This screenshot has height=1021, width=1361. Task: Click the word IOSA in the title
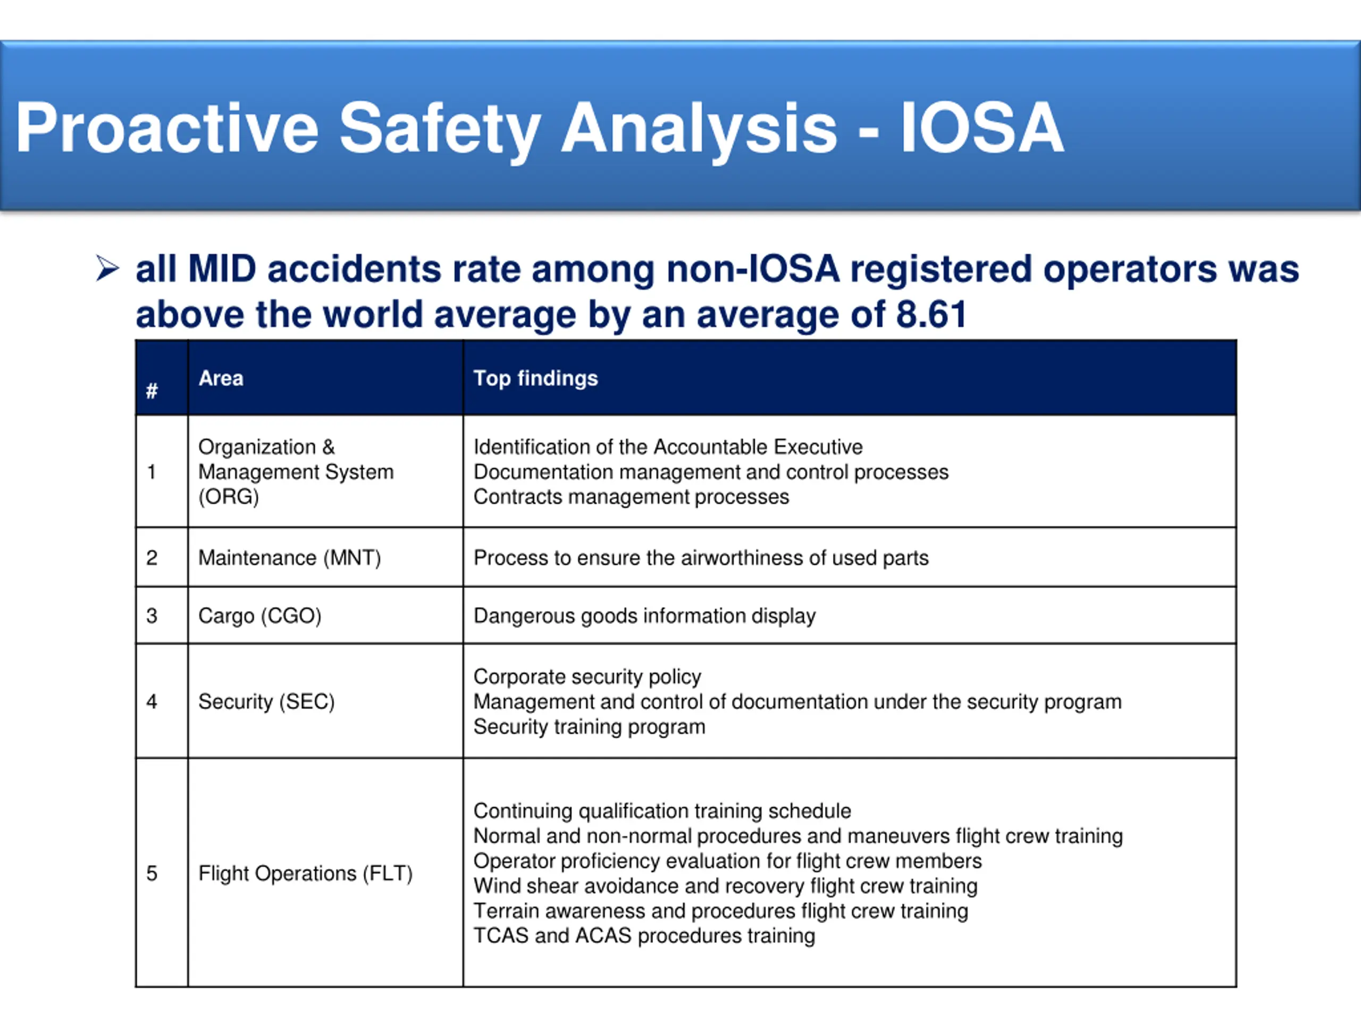[x=982, y=128]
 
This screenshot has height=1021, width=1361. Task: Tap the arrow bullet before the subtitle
[x=107, y=269]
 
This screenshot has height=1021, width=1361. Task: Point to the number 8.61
[x=931, y=314]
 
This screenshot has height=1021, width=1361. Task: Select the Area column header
[x=221, y=378]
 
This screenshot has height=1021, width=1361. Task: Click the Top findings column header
[x=535, y=378]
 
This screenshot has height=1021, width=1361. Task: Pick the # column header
[x=152, y=390]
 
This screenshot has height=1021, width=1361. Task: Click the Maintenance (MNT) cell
[x=289, y=558]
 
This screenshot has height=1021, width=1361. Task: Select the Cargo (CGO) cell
[x=259, y=615]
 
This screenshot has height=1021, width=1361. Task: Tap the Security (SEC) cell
[x=266, y=701]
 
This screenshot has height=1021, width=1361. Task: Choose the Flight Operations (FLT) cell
[x=305, y=873]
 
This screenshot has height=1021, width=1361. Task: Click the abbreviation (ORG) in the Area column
[x=228, y=497]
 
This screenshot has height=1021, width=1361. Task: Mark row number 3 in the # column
[x=152, y=615]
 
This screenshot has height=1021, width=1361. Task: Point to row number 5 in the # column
[x=152, y=873]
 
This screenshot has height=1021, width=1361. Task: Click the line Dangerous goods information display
[x=644, y=615]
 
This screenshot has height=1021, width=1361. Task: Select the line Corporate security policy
[x=587, y=676]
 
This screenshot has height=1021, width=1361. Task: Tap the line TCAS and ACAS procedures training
[x=644, y=935]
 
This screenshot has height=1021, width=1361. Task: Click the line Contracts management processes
[x=631, y=497]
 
